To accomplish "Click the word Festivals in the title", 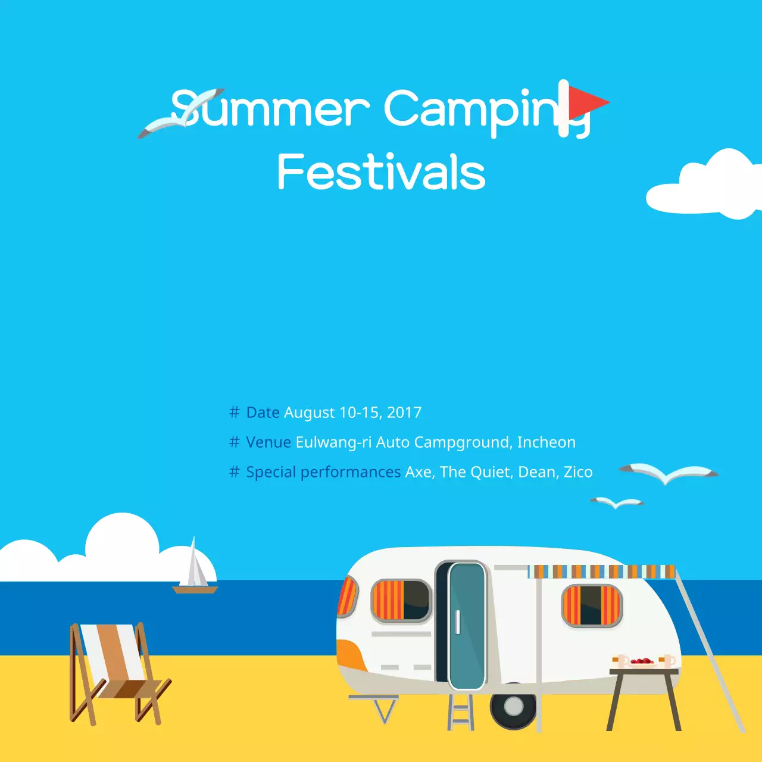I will pos(381,172).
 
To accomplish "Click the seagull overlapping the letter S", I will pos(179,113).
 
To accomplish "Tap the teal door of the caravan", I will pos(467,625).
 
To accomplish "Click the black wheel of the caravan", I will pos(513,707).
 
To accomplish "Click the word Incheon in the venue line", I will pos(546,442).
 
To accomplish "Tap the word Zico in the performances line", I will pos(578,472).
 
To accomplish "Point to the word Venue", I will pos(268,442).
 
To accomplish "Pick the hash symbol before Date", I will pos(235,413).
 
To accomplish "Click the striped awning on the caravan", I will pos(601,571).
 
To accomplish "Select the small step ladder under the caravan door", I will pos(461,711).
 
